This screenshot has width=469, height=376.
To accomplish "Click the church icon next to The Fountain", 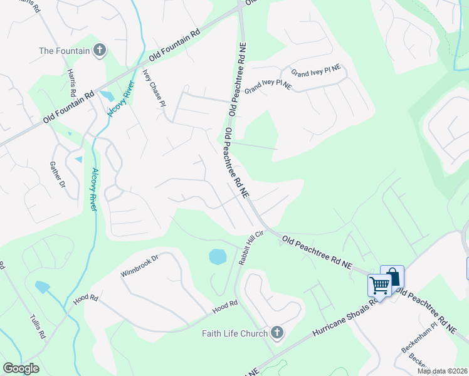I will [x=99, y=51].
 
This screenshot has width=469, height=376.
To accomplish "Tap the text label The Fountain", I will [x=65, y=51].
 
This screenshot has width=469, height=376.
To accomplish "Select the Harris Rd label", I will [x=73, y=83].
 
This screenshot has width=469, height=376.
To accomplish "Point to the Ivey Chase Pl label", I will [x=154, y=86].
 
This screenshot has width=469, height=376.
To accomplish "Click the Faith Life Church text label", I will [x=234, y=333].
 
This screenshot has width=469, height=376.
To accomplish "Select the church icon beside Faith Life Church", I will [x=277, y=333].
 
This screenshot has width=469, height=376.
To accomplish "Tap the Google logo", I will [x=21, y=368].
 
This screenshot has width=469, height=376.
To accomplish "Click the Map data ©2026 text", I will [x=442, y=371].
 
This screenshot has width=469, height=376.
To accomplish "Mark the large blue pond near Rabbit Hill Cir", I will [x=217, y=256].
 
